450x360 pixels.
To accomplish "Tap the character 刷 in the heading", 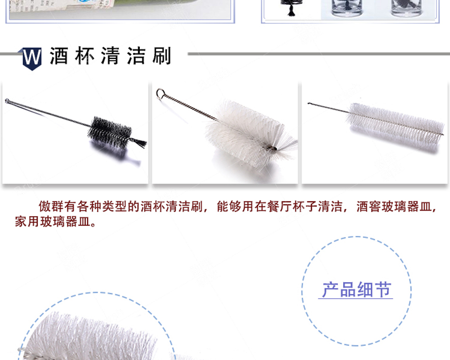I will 162,56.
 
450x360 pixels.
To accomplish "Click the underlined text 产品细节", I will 356,290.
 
